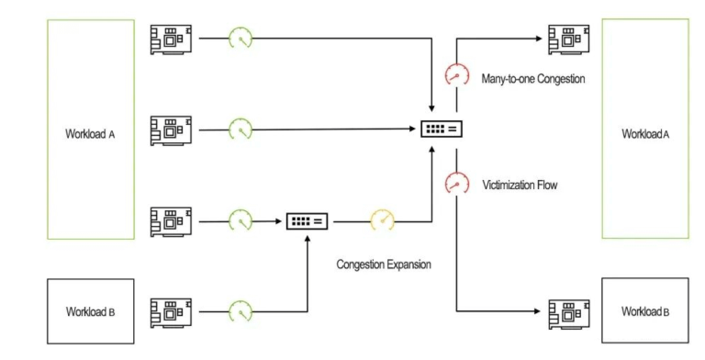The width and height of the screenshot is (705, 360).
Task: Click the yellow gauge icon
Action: pos(381,221)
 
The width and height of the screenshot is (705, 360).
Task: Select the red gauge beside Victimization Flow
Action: pos(453,182)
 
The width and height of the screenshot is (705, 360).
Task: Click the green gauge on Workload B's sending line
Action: pos(240,311)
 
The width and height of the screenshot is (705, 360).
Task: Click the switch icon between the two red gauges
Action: pos(441,129)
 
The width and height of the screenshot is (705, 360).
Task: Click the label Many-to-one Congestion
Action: pos(533,79)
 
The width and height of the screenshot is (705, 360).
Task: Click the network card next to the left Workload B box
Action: pos(170,311)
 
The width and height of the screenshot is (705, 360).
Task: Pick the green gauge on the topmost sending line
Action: pos(240,39)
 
